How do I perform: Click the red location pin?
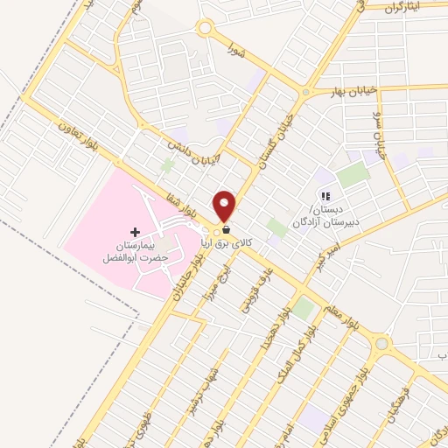click(x=225, y=206)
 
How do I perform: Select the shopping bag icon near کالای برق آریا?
click(x=227, y=229)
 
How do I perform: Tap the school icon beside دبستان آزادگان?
click(x=325, y=197)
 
